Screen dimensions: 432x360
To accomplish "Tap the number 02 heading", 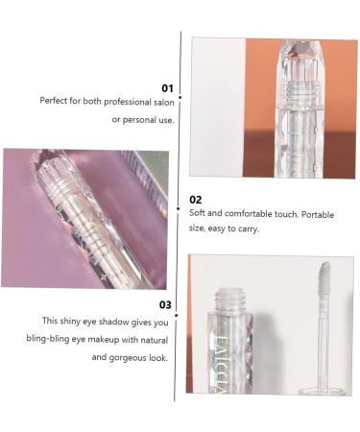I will (196, 200).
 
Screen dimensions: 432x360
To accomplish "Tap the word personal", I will (141, 119).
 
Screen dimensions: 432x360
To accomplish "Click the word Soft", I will (197, 213).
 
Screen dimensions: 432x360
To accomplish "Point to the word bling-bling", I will (49, 339).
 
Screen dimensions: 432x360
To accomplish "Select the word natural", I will (154, 339).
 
